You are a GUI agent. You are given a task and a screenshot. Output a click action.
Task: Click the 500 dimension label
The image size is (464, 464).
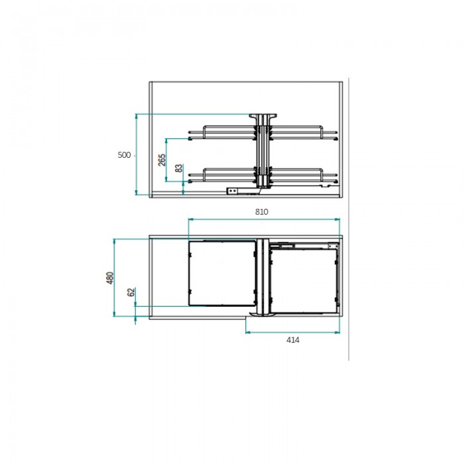coord(124,155)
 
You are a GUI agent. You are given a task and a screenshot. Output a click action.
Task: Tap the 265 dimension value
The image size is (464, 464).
coord(162,160)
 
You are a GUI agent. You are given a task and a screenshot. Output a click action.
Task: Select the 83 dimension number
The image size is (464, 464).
coord(179,168)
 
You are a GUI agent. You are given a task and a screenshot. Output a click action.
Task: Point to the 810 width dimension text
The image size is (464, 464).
coord(262,212)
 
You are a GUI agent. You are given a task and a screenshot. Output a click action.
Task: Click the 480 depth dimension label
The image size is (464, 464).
coord(110,278)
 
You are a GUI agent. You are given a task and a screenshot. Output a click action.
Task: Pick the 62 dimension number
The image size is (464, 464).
coord(131,292)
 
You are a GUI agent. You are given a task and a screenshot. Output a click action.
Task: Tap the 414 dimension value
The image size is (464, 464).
coord(293,340)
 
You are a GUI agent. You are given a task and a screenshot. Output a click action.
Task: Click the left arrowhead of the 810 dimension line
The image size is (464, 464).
coord(191,219)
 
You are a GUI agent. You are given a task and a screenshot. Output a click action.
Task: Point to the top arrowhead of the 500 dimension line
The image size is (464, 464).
coord(137,116)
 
